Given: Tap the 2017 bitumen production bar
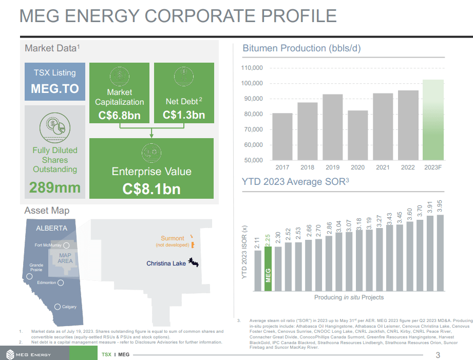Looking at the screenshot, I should pyautogui.click(x=282, y=137).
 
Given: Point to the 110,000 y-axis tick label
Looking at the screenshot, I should pyautogui.click(x=252, y=68).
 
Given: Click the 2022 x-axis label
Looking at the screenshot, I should pyautogui.click(x=408, y=167).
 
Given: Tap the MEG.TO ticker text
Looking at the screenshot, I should pyautogui.click(x=55, y=88).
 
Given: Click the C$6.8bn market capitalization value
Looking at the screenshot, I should pyautogui.click(x=119, y=115).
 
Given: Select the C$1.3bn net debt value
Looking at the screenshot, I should pyautogui.click(x=184, y=115).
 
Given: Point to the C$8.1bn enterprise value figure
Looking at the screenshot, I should pyautogui.click(x=152, y=189).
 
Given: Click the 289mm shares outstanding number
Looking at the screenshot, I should pyautogui.click(x=55, y=187).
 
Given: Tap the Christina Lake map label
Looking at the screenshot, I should pyautogui.click(x=166, y=263).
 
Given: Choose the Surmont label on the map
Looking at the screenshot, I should pyautogui.click(x=172, y=238).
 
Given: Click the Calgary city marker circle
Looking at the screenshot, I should pyautogui.click(x=58, y=307).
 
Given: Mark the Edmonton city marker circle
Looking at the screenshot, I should pyautogui.click(x=61, y=283).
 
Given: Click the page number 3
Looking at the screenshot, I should pyautogui.click(x=438, y=355).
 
